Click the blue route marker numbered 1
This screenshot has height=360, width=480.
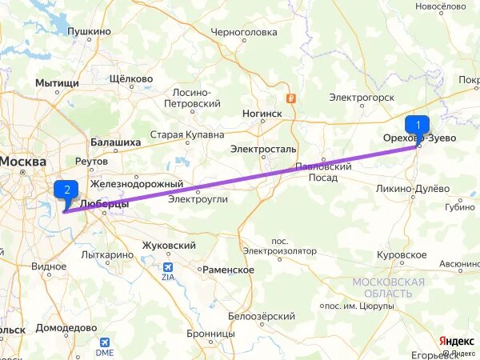pyautogui.click(x=417, y=126)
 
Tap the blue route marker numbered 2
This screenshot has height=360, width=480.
pyautogui.click(x=66, y=190)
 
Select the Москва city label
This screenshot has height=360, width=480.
pyautogui.click(x=22, y=162)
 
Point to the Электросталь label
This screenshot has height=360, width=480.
pyautogui.click(x=263, y=149)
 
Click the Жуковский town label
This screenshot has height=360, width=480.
pyautogui.click(x=168, y=245)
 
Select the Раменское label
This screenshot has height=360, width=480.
pyautogui.click(x=228, y=270)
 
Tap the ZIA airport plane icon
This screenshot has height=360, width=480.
pyautogui.click(x=168, y=267)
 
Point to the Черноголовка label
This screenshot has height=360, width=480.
pyautogui.click(x=243, y=33)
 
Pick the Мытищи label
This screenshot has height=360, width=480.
pyautogui.click(x=57, y=82)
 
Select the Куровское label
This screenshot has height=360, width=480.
pyautogui.click(x=401, y=254)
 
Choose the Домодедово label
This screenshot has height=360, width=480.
pyautogui.click(x=66, y=328)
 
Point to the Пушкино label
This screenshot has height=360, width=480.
pyautogui.click(x=89, y=31)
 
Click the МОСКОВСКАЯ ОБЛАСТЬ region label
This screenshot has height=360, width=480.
pyautogui.click(x=389, y=288)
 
